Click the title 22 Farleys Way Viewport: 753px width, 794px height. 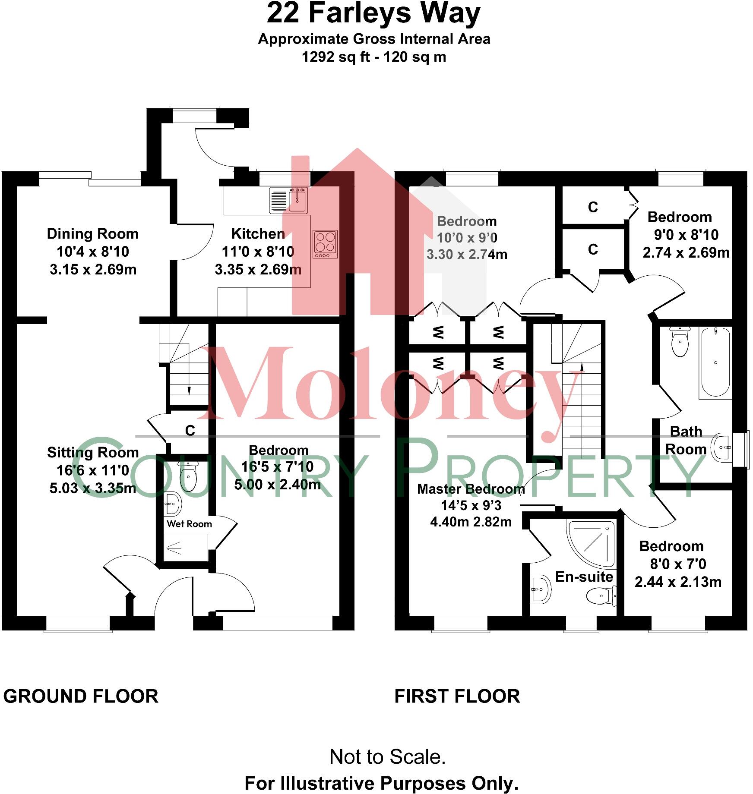[x=373, y=14]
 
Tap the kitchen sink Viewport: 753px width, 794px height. [x=288, y=200]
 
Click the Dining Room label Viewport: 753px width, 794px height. [x=93, y=234]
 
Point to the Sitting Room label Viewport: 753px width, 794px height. [x=93, y=452]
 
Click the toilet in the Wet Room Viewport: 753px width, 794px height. [x=188, y=477]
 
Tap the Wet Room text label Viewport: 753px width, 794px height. [x=189, y=524]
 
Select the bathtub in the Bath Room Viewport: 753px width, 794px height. [x=715, y=362]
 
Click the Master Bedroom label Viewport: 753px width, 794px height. [x=471, y=489]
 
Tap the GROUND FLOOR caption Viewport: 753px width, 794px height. [x=81, y=696]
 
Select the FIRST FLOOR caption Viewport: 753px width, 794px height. [x=457, y=696]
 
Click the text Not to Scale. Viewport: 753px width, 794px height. [x=387, y=757]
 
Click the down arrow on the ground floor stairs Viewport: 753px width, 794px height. [x=189, y=389]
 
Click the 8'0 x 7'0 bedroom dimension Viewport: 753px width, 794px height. [x=678, y=564]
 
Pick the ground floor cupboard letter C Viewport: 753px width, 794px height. [x=190, y=430]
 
